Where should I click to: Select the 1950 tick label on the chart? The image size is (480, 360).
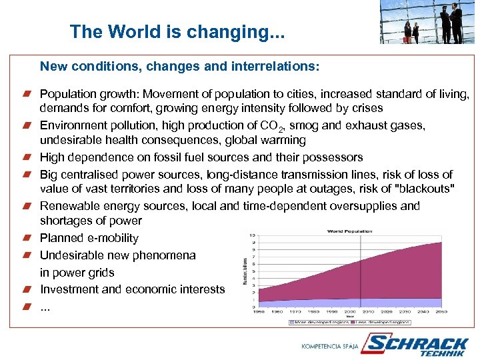[259, 311]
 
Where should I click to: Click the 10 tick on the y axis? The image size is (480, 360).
[252, 235]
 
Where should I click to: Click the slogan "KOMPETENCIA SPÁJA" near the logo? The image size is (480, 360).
[330, 346]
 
